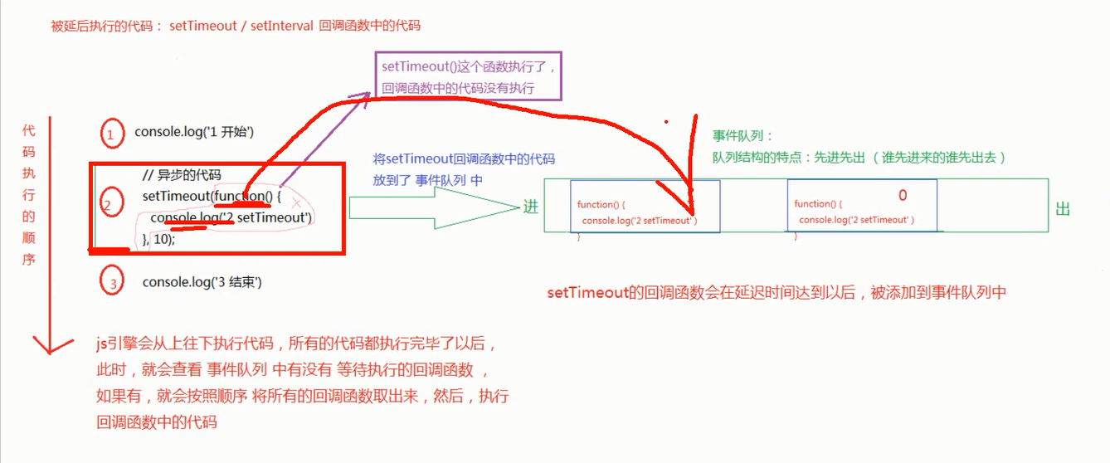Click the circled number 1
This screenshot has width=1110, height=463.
coord(111,133)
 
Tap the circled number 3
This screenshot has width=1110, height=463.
coord(111,282)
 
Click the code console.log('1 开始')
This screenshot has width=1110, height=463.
coord(193,132)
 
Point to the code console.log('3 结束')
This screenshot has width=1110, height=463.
coord(202,282)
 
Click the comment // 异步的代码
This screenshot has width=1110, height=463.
coord(182,175)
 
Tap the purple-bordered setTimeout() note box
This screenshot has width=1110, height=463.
coord(470,76)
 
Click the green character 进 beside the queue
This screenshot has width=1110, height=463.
coord(531,207)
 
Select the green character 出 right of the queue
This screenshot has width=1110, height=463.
coord(1063,209)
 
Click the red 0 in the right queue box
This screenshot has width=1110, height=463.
coord(903,196)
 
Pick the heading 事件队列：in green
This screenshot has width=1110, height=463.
coord(742,136)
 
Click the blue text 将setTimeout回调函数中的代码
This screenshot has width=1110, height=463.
coord(464,159)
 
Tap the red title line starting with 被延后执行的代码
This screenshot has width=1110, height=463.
coord(236,26)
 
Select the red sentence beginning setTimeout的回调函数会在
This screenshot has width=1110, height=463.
coord(776,292)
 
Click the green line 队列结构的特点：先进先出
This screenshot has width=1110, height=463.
coord(859,157)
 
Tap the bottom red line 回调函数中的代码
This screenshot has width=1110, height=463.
coord(157,422)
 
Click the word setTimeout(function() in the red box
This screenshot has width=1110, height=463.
coord(212,197)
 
